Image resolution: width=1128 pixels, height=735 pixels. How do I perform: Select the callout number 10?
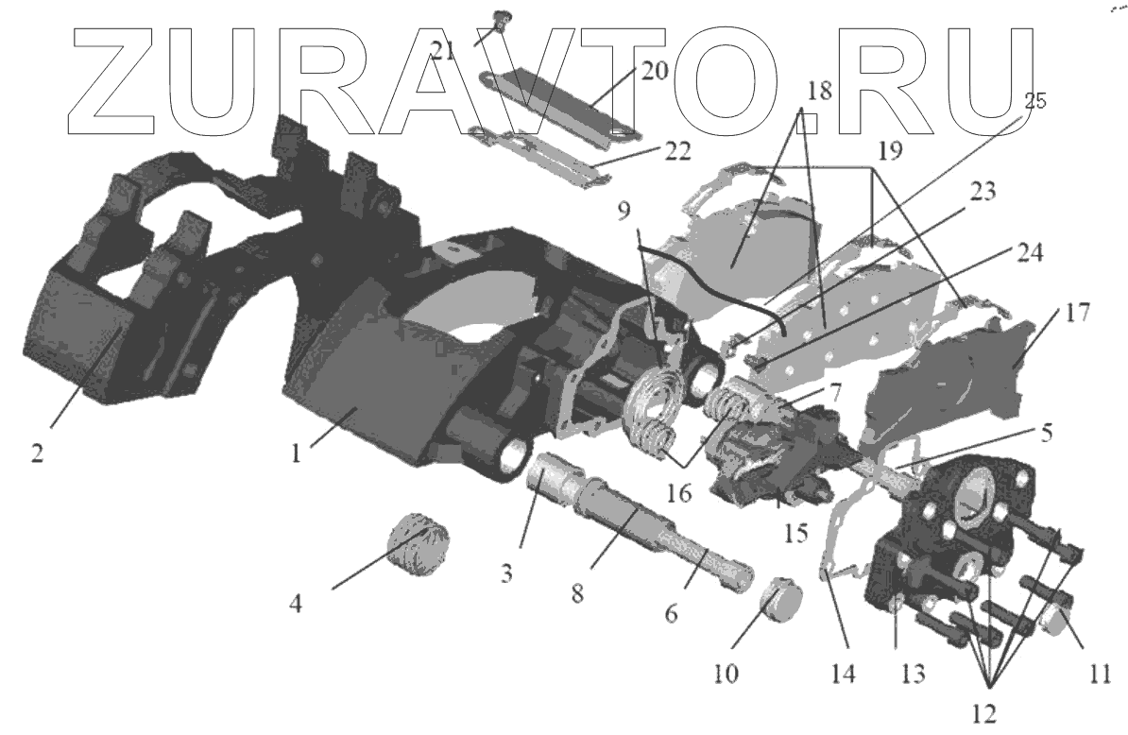[x=727, y=675]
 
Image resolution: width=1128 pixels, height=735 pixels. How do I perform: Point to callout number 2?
[x=37, y=453]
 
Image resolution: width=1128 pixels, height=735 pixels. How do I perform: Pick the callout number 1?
[x=296, y=453]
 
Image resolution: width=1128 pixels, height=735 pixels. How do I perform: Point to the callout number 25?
[x=1034, y=102]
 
